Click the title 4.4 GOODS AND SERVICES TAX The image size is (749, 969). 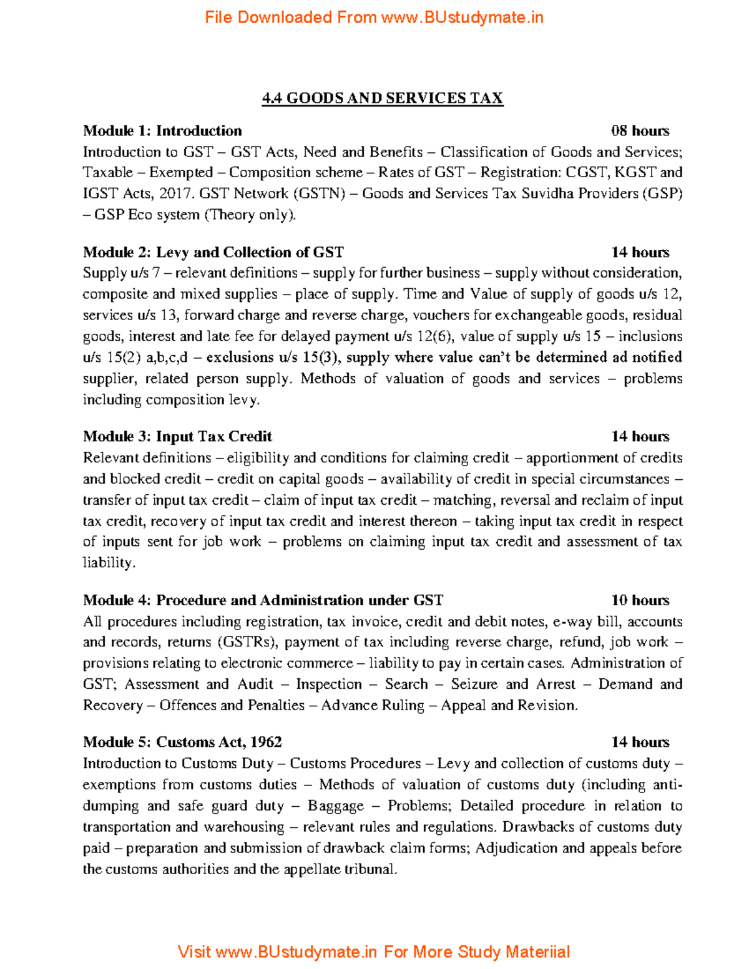[x=382, y=99]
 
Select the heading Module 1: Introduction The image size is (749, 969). [x=162, y=131]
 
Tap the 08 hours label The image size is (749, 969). [x=640, y=131]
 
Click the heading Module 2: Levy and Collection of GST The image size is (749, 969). [x=213, y=253]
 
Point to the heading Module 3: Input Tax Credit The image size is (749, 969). [x=177, y=437]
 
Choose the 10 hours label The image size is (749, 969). [x=640, y=601]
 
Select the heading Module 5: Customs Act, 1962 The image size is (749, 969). [x=182, y=743]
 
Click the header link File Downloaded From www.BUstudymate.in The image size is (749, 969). [x=374, y=17]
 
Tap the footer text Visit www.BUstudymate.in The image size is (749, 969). [x=277, y=952]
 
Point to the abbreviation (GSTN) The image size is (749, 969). [x=319, y=194]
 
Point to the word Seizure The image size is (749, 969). [x=474, y=684]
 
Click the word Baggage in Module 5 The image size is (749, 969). [x=335, y=806]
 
